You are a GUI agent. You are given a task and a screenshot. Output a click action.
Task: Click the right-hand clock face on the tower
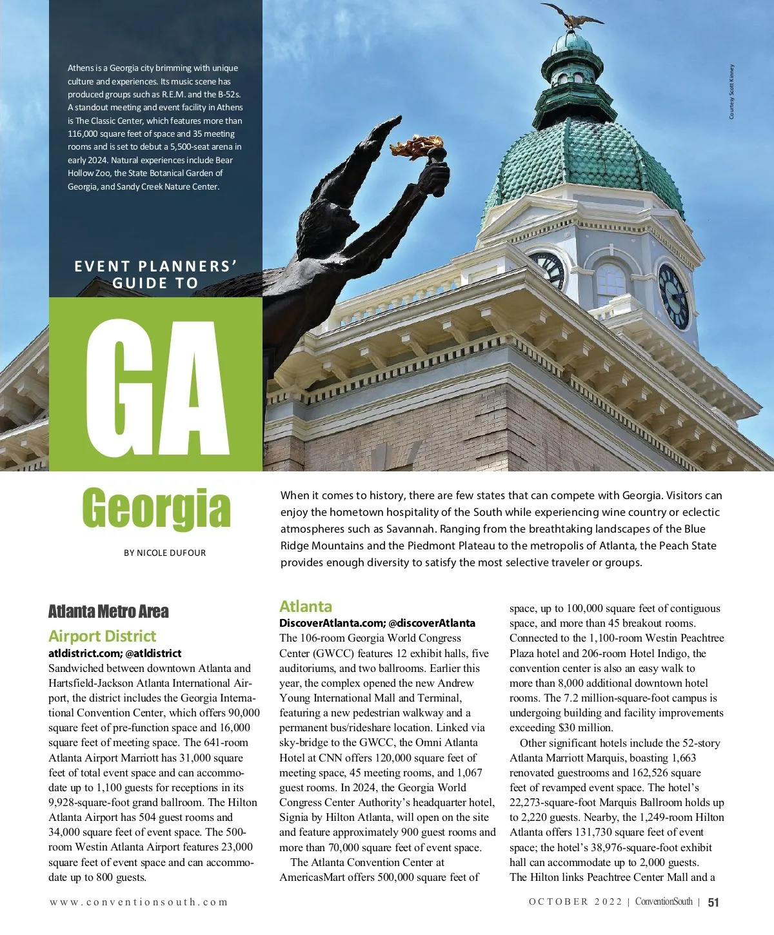pyautogui.click(x=673, y=296)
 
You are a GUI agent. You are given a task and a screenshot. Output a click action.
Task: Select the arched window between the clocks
pyautogui.click(x=610, y=285)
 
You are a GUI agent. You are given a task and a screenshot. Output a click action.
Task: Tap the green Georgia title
pyautogui.click(x=156, y=509)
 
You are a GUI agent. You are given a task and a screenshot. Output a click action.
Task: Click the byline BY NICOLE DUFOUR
pyautogui.click(x=164, y=553)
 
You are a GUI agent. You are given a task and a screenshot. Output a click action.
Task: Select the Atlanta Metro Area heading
pyautogui.click(x=108, y=611)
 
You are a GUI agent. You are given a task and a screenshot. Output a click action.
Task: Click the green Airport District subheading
pyautogui.click(x=102, y=636)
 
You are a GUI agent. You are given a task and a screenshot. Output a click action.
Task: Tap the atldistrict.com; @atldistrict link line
pyautogui.click(x=115, y=653)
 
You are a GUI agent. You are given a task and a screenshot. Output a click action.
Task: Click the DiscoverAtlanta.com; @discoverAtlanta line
pyautogui.click(x=377, y=623)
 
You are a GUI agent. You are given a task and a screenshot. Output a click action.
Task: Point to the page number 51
pyautogui.click(x=713, y=902)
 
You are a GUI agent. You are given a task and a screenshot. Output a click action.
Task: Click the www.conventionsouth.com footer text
pyautogui.click(x=139, y=902)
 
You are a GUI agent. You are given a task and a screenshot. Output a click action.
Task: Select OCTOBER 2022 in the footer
pyautogui.click(x=575, y=902)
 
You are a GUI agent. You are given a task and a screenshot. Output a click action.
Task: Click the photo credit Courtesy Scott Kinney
pyautogui.click(x=731, y=92)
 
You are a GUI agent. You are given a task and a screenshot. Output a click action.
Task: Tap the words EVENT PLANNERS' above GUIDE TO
pyautogui.click(x=156, y=266)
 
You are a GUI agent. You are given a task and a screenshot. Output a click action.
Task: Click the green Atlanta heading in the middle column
pyautogui.click(x=306, y=607)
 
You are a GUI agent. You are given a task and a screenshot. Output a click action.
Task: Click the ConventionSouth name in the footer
pyautogui.click(x=664, y=902)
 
